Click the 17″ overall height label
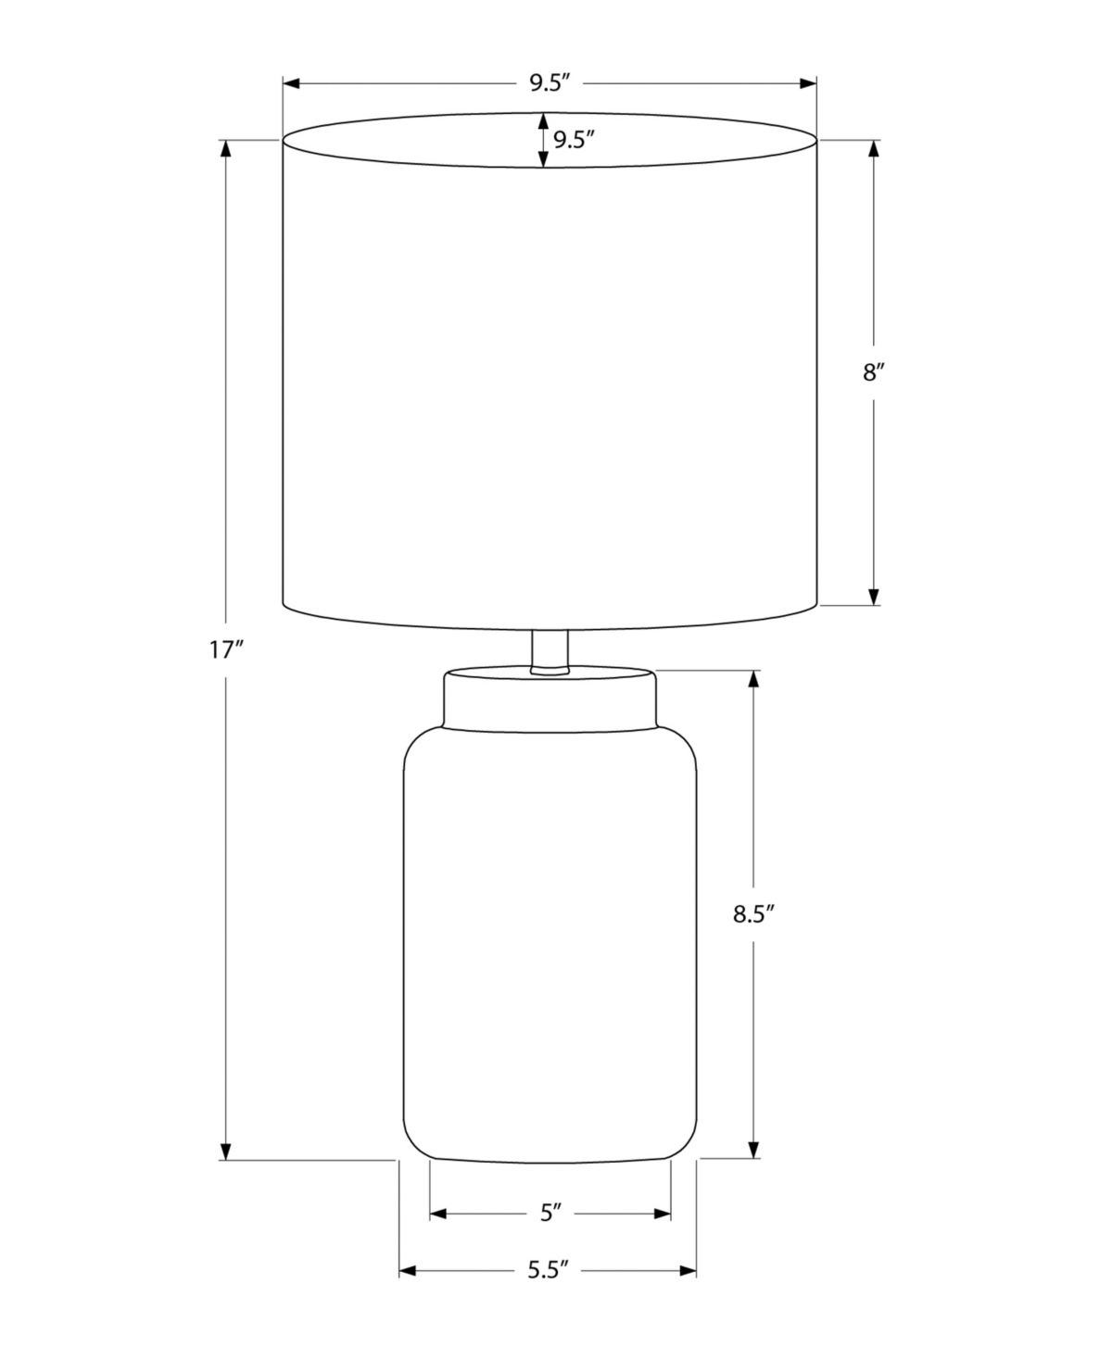[225, 651]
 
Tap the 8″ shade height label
[874, 372]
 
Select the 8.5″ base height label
[753, 913]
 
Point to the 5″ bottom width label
[550, 1213]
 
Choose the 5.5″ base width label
[549, 1270]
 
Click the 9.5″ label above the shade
[550, 83]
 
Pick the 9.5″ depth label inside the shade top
[574, 140]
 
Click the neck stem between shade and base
[550, 653]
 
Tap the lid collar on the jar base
[550, 698]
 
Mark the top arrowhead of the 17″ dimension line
[225, 148]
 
